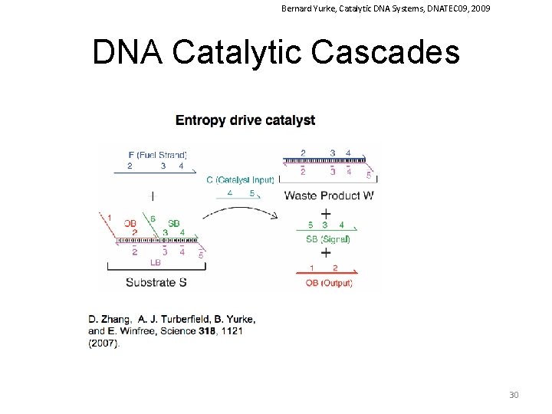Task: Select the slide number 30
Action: (x=514, y=395)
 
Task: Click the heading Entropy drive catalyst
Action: (x=245, y=120)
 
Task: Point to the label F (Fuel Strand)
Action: (x=158, y=154)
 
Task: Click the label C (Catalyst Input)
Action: (x=240, y=180)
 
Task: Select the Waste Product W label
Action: (x=329, y=195)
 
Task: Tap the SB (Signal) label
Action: (x=328, y=238)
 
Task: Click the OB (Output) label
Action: (x=329, y=283)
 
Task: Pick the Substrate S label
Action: (x=156, y=282)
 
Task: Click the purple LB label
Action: (x=156, y=262)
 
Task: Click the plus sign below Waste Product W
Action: (x=326, y=213)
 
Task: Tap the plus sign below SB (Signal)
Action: (x=326, y=252)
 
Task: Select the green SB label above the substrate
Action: (x=174, y=223)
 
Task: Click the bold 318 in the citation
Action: (x=212, y=331)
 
